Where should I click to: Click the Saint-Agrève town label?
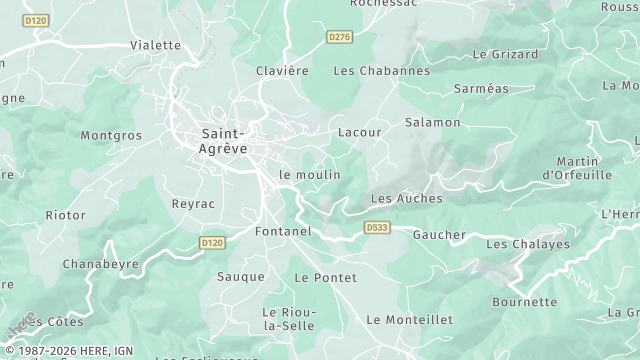tap(223, 139)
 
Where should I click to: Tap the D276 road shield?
tap(340, 37)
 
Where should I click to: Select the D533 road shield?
tap(376, 228)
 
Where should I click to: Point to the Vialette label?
tap(155, 45)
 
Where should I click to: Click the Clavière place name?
tap(282, 71)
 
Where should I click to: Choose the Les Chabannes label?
tap(381, 71)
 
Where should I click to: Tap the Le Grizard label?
tap(505, 54)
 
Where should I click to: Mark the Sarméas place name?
tap(481, 88)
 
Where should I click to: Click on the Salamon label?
tap(432, 122)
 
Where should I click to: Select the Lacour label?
tap(360, 131)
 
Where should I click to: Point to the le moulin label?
tap(310, 174)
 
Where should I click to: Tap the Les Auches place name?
tap(406, 198)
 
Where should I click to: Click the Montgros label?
tap(111, 134)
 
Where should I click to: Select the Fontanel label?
tap(283, 231)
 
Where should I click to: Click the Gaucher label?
tap(439, 235)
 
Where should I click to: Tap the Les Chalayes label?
tap(527, 244)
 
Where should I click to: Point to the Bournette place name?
tap(524, 302)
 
